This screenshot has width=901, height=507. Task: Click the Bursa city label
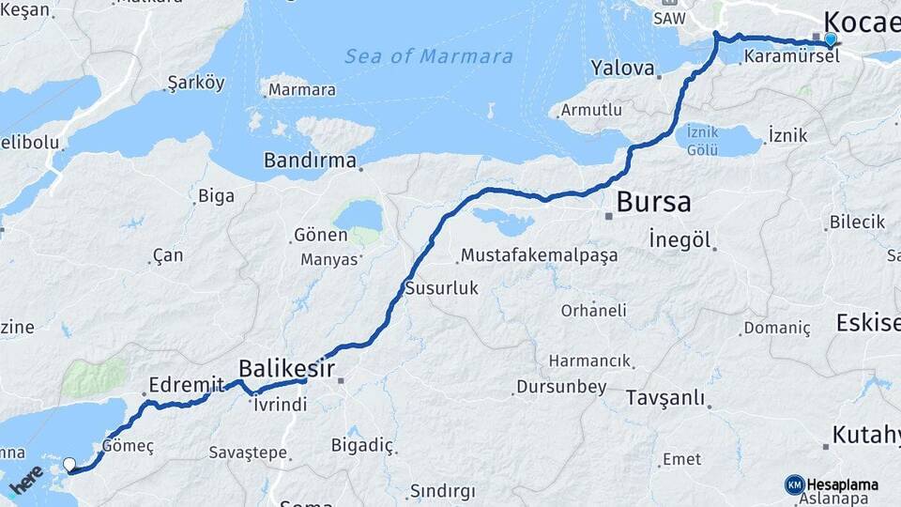pyautogui.click(x=653, y=202)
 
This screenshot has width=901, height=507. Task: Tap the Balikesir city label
pyautogui.click(x=287, y=367)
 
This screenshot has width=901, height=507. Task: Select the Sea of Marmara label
pyautogui.click(x=429, y=56)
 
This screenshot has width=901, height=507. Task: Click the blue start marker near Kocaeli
pyautogui.click(x=830, y=39)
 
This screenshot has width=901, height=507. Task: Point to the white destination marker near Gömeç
pyautogui.click(x=69, y=464)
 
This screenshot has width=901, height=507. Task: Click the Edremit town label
pyautogui.click(x=187, y=384)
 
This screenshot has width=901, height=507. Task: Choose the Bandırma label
pyautogui.click(x=310, y=161)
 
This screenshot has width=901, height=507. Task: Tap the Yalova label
pyautogui.click(x=622, y=68)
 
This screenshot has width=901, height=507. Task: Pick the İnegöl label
pyautogui.click(x=680, y=239)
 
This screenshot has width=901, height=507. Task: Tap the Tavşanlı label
pyautogui.click(x=664, y=398)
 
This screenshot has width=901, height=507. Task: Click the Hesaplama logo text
pyautogui.click(x=843, y=484)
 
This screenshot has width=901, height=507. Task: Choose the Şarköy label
pyautogui.click(x=195, y=83)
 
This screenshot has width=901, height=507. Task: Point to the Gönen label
pyautogui.click(x=320, y=235)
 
